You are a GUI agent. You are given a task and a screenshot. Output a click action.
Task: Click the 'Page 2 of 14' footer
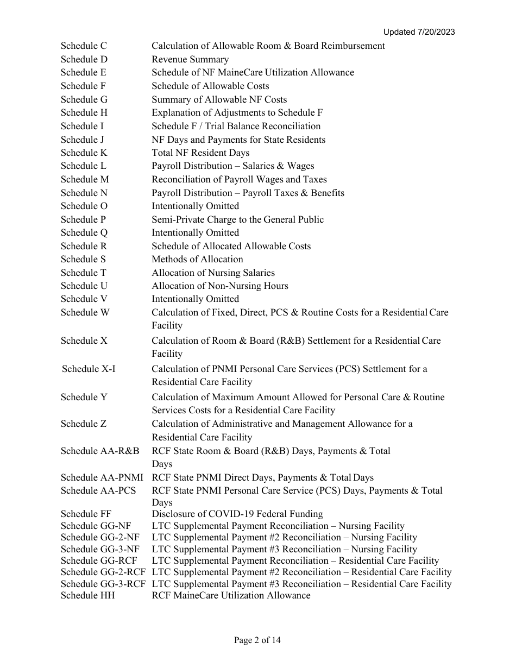[x=257, y=640]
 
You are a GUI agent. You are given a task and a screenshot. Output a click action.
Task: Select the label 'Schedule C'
[x=84, y=46]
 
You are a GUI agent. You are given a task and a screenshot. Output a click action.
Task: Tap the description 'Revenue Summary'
[x=190, y=60]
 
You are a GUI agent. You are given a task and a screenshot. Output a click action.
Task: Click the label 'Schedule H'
[x=84, y=113]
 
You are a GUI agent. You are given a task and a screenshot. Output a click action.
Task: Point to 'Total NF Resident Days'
[x=200, y=153]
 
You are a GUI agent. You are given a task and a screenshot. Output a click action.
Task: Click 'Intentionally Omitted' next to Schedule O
[x=195, y=206]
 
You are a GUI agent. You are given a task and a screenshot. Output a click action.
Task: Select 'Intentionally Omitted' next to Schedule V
[x=195, y=299]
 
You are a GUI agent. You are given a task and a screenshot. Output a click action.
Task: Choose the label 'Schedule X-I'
[x=89, y=369]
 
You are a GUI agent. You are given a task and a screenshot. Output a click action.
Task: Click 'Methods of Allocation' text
[x=197, y=260]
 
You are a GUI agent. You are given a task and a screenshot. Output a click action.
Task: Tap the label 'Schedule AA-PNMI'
[x=102, y=478]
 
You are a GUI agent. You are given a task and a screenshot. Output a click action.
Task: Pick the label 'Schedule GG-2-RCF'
[x=103, y=572]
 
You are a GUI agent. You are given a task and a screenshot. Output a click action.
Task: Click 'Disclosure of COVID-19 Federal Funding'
[x=237, y=514]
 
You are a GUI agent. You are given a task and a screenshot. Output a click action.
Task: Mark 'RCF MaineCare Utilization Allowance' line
[x=231, y=596]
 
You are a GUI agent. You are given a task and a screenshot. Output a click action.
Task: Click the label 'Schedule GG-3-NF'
[x=100, y=550]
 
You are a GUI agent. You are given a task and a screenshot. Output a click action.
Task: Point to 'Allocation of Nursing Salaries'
[x=213, y=273]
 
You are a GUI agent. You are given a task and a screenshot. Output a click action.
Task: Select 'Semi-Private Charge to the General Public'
[x=237, y=220]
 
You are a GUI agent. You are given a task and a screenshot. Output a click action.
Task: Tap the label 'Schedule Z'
[x=84, y=424]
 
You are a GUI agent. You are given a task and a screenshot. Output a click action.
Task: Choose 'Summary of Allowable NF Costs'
[x=219, y=100]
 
